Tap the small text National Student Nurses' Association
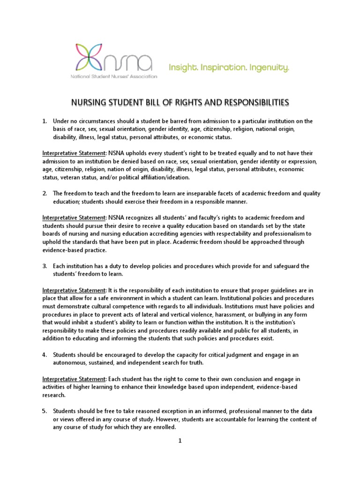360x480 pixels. [114, 76]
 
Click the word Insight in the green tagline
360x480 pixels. [183, 68]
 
